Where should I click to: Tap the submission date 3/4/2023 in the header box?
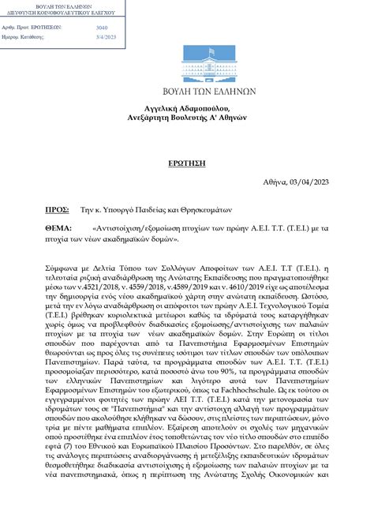106,37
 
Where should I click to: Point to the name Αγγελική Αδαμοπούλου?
186,104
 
